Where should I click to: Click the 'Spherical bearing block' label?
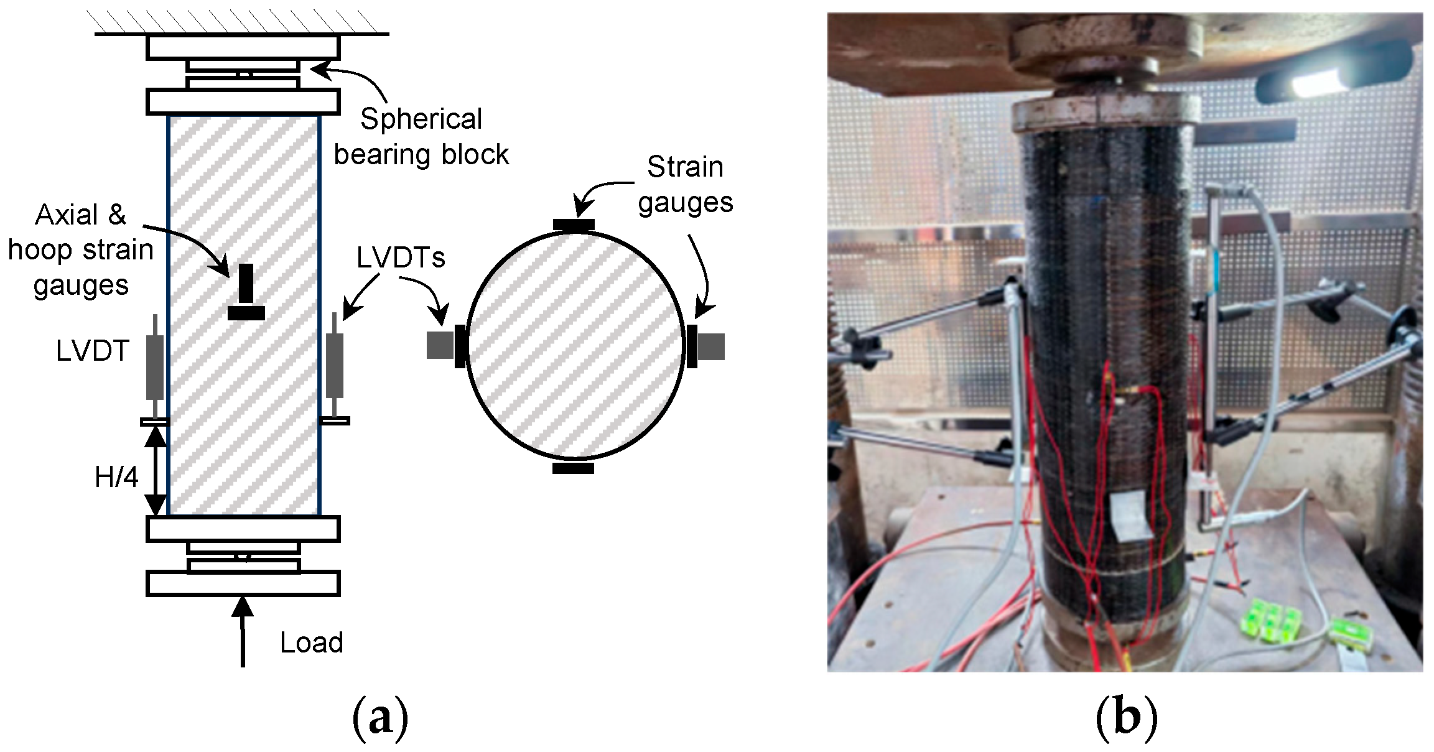click(x=421, y=137)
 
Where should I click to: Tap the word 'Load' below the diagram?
click(x=311, y=643)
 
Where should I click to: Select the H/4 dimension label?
click(x=116, y=478)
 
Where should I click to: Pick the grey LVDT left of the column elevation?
click(x=155, y=367)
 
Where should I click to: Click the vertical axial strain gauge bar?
click(x=247, y=284)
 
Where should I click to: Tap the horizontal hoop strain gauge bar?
click(x=246, y=313)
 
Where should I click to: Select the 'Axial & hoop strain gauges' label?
click(x=81, y=249)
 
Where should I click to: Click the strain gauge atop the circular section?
click(x=573, y=225)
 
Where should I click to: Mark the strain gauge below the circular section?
click(x=573, y=468)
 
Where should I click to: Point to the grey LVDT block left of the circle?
click(x=440, y=346)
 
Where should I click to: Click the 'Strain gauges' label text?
click(x=685, y=185)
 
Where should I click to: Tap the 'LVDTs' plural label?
click(x=401, y=257)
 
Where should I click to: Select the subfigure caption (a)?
click(x=380, y=719)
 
